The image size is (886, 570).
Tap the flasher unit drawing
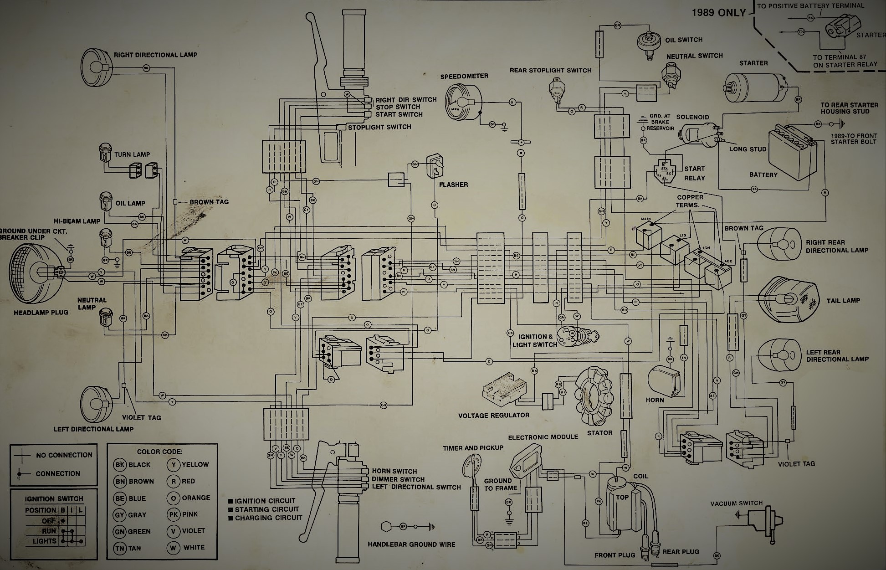[435, 166]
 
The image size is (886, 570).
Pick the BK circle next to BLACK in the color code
[120, 465]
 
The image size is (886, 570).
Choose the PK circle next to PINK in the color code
[173, 514]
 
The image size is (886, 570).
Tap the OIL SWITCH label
[683, 40]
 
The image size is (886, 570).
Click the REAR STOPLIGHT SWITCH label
[550, 70]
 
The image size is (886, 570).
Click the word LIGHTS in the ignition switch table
[44, 541]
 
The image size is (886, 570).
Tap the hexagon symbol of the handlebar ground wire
[386, 527]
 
